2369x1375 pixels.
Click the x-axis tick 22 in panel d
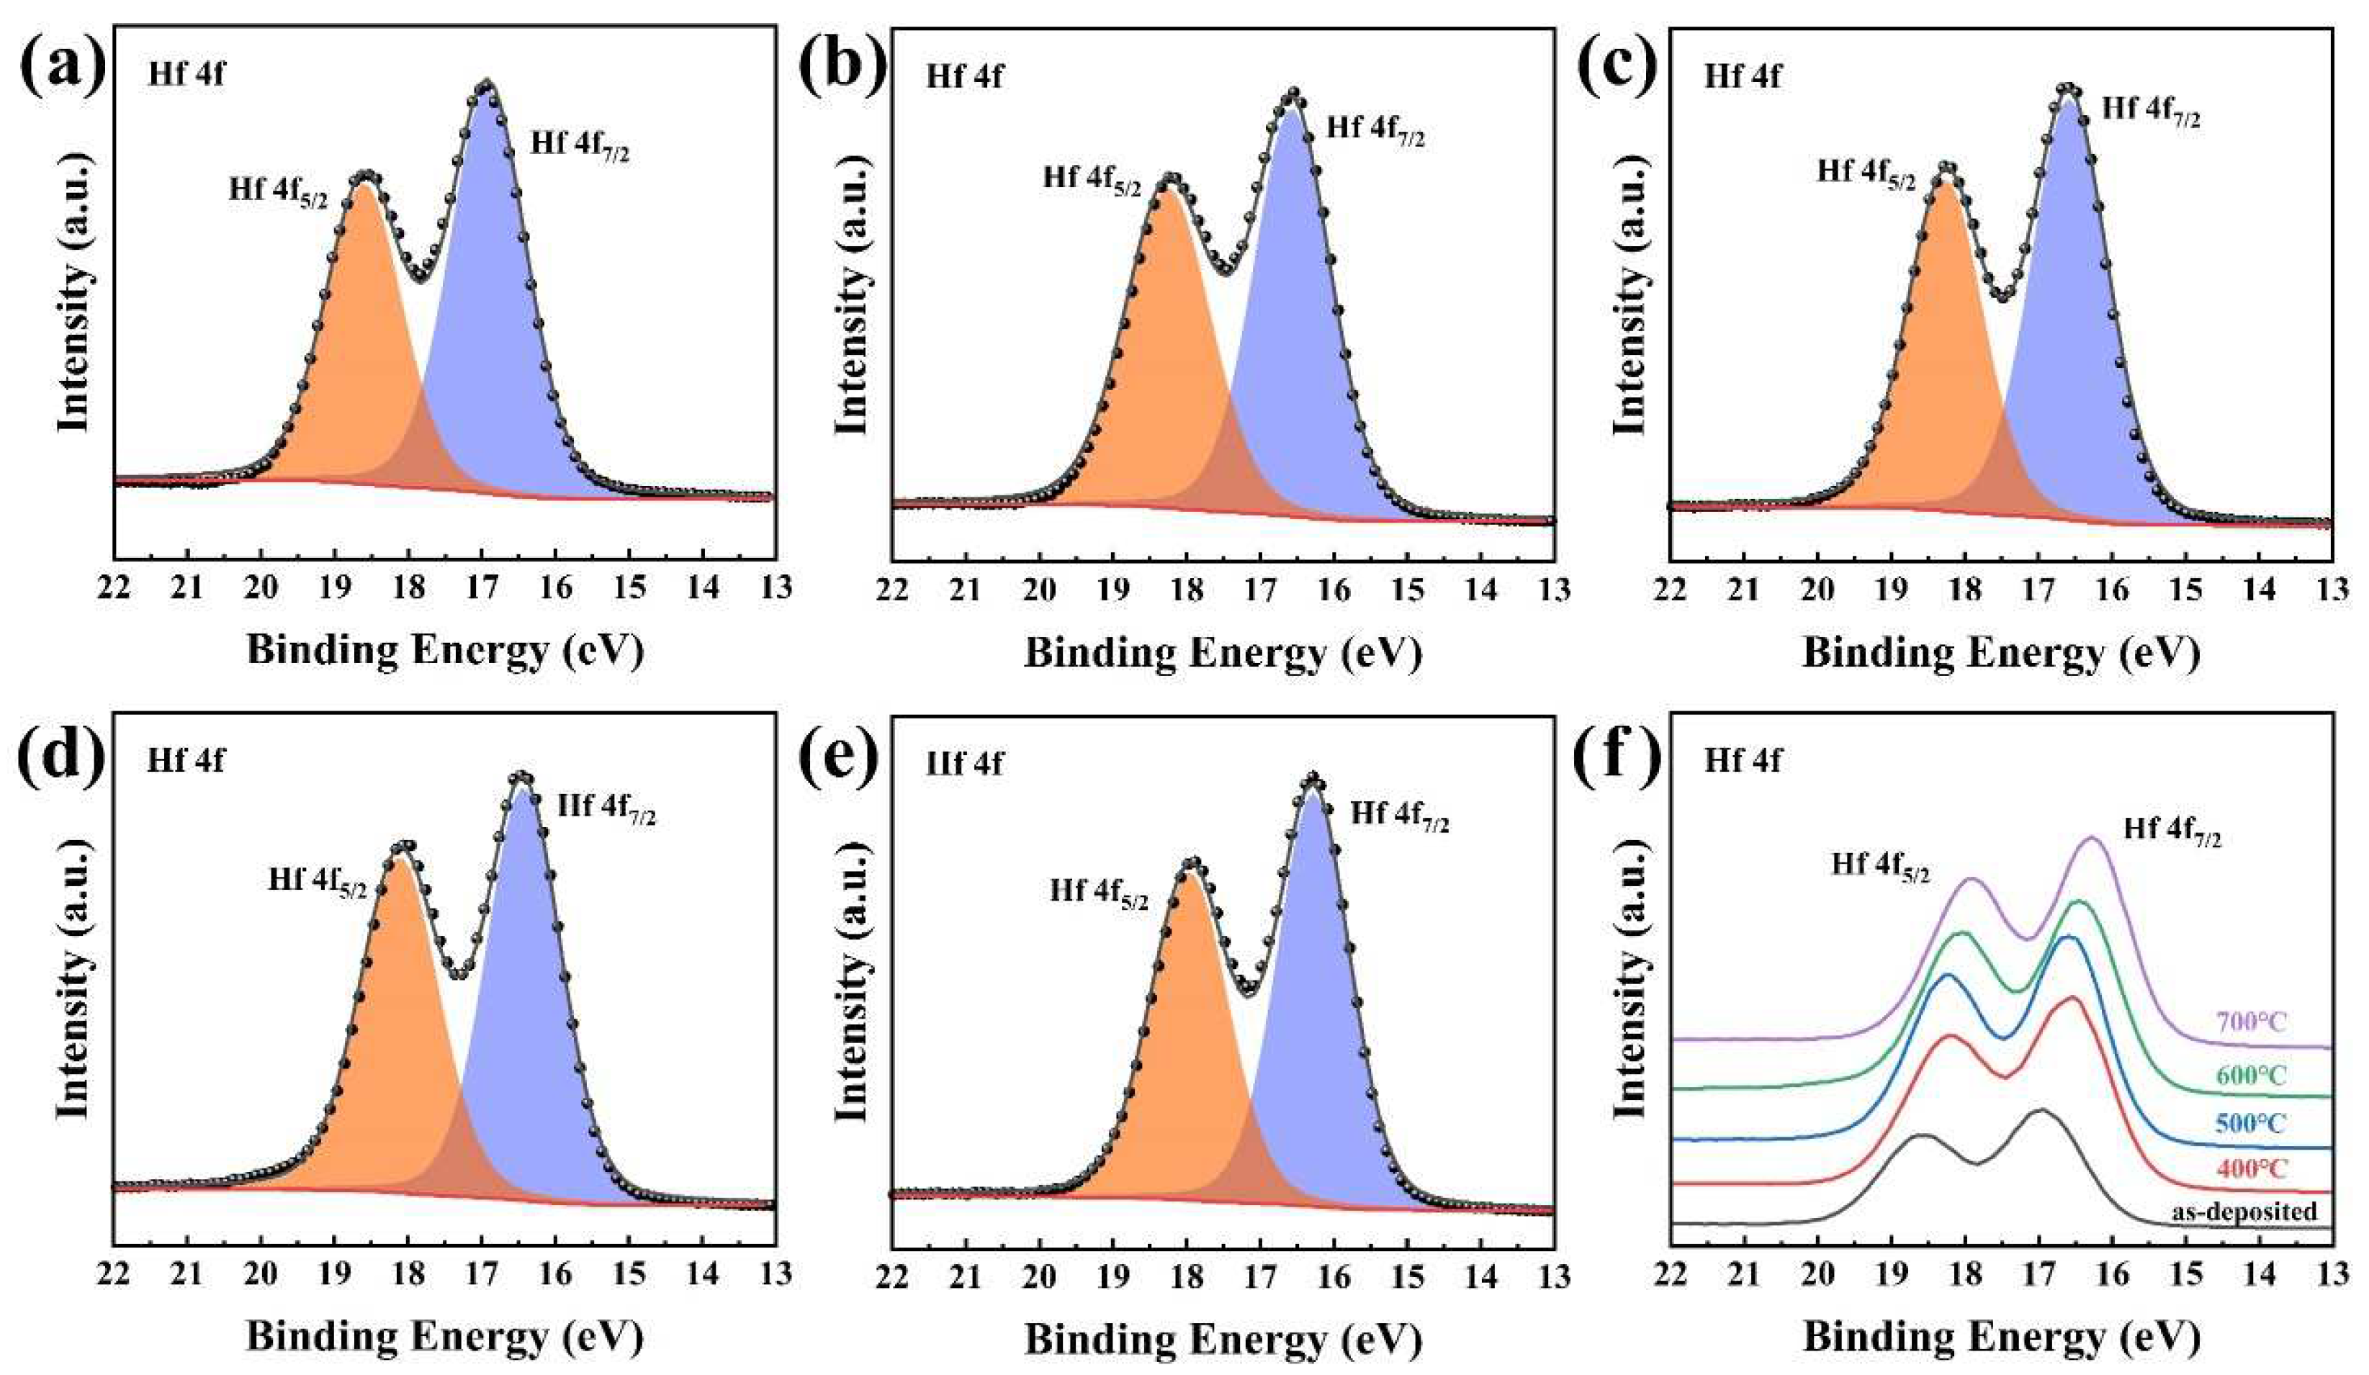click(x=114, y=1274)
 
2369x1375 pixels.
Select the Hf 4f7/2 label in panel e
click(x=1400, y=816)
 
